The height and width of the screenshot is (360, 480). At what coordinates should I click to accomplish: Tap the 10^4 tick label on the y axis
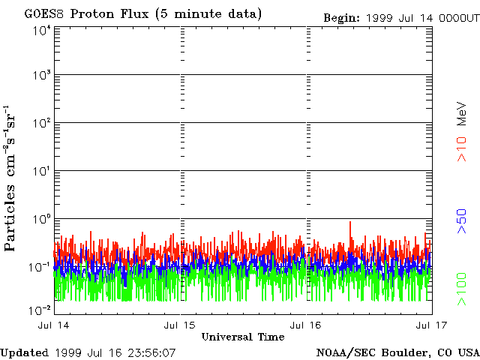pyautogui.click(x=40, y=30)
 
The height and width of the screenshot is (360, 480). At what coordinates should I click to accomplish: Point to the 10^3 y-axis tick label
pyautogui.click(x=40, y=75)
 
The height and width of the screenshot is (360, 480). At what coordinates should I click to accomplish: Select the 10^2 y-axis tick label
pyautogui.click(x=40, y=123)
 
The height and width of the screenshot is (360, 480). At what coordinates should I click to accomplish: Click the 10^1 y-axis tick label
pyautogui.click(x=40, y=171)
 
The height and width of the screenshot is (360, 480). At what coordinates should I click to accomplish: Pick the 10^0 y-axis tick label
pyautogui.click(x=40, y=219)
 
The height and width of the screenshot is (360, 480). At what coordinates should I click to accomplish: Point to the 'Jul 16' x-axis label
pyautogui.click(x=307, y=325)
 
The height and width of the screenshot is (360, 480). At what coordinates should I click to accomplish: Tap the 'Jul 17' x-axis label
pyautogui.click(x=429, y=325)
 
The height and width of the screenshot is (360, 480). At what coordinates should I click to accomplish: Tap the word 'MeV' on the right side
pyautogui.click(x=462, y=114)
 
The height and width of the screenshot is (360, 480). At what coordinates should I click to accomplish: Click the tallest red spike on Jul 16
pyautogui.click(x=350, y=223)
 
